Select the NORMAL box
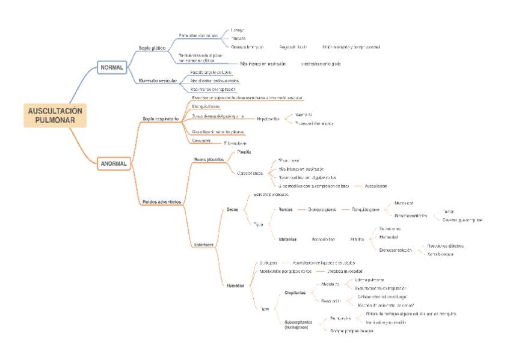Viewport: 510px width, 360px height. [111, 67]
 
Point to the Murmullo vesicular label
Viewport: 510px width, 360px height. [157, 80]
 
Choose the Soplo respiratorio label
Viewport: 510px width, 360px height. [161, 118]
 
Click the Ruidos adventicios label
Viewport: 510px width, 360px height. [162, 201]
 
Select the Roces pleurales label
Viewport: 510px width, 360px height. [209, 159]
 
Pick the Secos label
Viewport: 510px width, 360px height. [233, 210]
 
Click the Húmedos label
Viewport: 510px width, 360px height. [235, 285]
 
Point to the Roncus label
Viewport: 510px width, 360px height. [286, 210]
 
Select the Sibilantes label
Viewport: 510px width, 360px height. [287, 239]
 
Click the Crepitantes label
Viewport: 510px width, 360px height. [295, 292]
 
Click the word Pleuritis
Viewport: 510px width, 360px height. [236, 152]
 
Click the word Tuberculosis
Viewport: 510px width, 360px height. [235, 143]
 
